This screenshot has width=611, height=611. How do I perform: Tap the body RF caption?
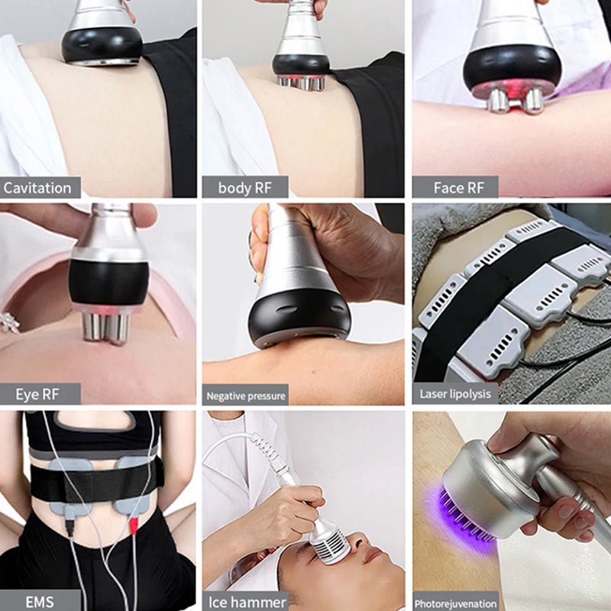[244, 188]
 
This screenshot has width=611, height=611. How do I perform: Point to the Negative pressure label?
[245, 396]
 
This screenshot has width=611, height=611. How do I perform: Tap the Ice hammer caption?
[247, 601]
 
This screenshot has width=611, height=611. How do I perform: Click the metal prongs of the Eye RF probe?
[105, 327]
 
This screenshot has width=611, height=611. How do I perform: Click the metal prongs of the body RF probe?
[300, 81]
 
